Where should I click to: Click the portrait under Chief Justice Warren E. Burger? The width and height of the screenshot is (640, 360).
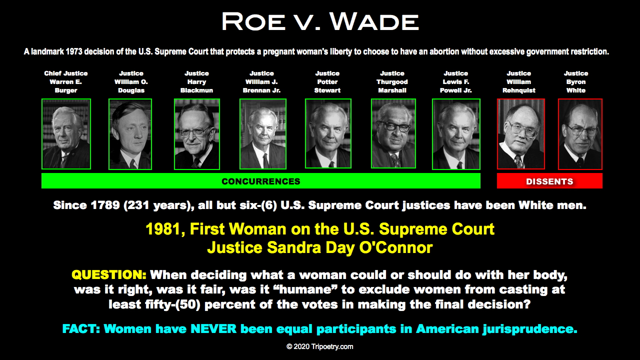(66, 134)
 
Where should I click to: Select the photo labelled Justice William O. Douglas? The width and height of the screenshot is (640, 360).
(130, 134)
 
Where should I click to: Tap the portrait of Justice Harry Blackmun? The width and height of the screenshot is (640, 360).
(197, 134)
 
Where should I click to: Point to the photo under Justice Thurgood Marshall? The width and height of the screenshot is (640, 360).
(393, 133)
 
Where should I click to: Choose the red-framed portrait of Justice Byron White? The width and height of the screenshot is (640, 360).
(580, 134)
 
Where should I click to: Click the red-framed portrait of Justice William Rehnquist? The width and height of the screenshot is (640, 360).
(521, 133)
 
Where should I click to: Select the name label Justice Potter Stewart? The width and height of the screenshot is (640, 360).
(327, 82)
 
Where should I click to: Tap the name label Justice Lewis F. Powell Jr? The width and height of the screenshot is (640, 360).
(455, 82)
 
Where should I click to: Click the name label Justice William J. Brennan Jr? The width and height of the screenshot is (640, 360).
(261, 82)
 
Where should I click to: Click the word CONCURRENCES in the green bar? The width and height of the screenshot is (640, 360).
(261, 181)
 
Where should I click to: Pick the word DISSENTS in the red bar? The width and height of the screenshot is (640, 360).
(549, 181)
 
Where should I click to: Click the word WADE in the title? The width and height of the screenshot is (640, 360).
(374, 21)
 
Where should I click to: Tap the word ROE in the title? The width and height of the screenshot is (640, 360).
(253, 21)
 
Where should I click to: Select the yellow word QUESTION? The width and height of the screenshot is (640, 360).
(109, 275)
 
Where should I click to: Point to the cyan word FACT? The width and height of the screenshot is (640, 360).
(81, 329)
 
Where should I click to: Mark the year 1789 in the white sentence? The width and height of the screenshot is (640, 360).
(105, 205)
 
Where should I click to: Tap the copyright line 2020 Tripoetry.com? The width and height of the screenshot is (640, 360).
(319, 346)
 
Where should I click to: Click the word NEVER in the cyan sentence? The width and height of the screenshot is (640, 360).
(213, 329)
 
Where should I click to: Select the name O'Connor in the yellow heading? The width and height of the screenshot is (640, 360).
(395, 247)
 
